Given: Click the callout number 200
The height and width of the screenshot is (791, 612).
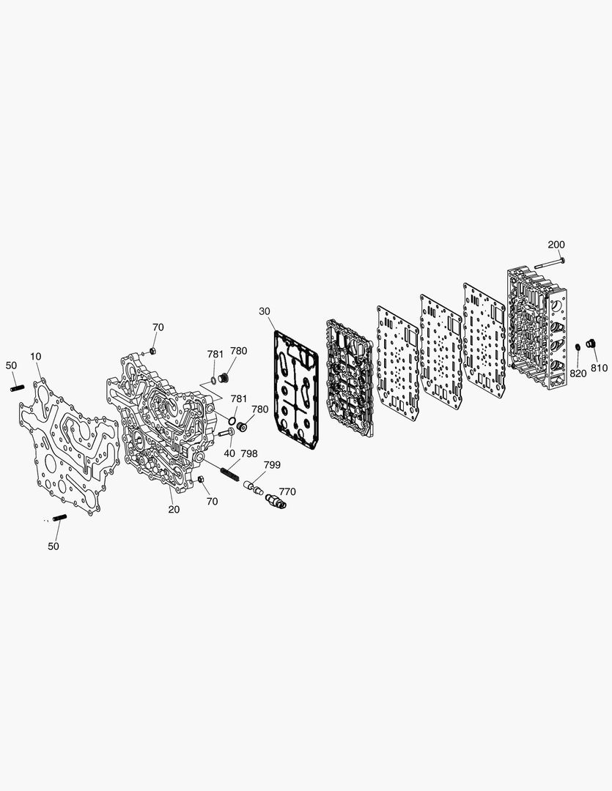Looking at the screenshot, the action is [556, 245].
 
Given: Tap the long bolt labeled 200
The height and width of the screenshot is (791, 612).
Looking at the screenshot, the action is [550, 263].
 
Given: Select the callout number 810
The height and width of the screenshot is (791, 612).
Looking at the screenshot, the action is [599, 368].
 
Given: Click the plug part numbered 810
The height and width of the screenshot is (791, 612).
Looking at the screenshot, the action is [590, 343].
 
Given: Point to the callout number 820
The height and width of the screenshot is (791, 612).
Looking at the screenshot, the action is [578, 374].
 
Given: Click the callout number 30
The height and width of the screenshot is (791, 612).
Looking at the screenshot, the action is [265, 311].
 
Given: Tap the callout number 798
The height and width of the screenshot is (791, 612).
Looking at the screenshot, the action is [249, 453].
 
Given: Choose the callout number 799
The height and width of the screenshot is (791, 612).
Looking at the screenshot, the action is [272, 464].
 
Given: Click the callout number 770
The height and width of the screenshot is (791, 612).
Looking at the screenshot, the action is [287, 492].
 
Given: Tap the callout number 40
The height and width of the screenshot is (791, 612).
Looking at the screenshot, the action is [229, 453].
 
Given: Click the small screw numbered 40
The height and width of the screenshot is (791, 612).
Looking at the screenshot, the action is [226, 432].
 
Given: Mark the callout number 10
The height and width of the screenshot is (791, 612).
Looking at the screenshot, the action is [35, 357].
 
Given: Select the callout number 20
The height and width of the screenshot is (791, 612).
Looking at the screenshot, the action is [174, 510].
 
